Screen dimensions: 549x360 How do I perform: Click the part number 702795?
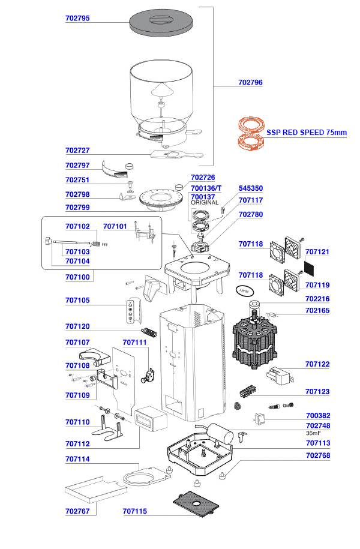point(77,19)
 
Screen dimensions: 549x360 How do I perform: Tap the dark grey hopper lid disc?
point(161,23)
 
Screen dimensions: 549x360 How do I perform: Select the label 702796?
point(250,82)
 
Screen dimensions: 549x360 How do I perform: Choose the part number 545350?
point(250,188)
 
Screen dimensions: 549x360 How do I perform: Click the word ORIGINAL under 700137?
point(205,203)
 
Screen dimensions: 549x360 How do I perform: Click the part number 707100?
point(77,277)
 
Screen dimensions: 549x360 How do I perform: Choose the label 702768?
point(317,455)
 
